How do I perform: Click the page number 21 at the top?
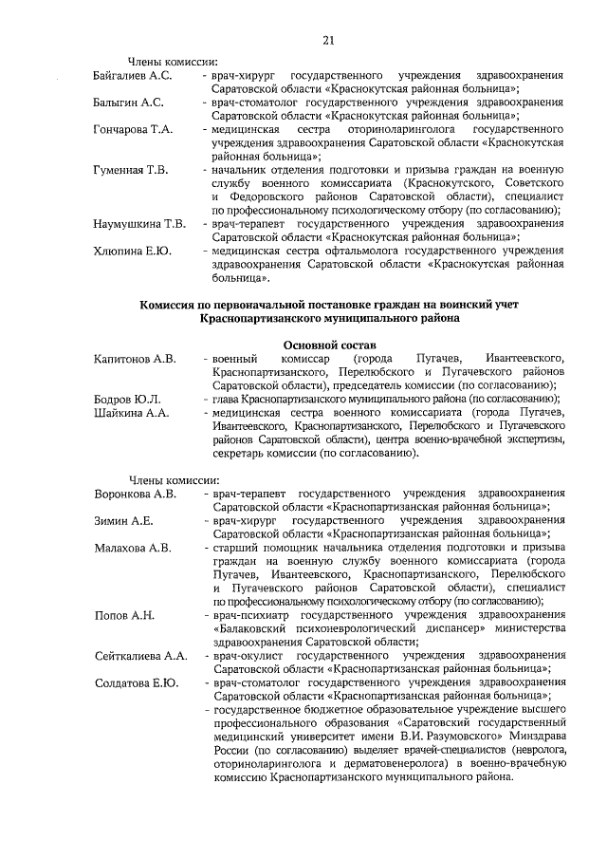(328, 39)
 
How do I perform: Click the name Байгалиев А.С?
(133, 74)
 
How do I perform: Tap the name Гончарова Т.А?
(133, 129)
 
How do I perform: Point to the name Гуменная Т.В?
(131, 170)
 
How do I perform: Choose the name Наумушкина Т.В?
(139, 224)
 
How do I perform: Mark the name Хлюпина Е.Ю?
(132, 252)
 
